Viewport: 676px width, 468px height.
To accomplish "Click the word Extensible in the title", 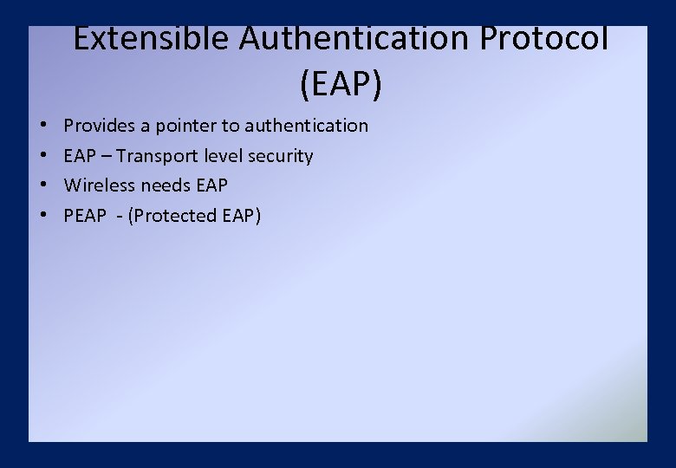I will tap(152, 39).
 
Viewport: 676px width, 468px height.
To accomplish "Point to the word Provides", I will tap(99, 126).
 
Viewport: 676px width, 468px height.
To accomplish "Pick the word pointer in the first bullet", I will tap(186, 126).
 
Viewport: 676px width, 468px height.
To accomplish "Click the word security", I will tap(283, 156).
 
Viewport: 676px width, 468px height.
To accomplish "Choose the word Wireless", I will tap(97, 185).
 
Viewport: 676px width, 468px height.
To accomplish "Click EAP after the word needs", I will tap(212, 185).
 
